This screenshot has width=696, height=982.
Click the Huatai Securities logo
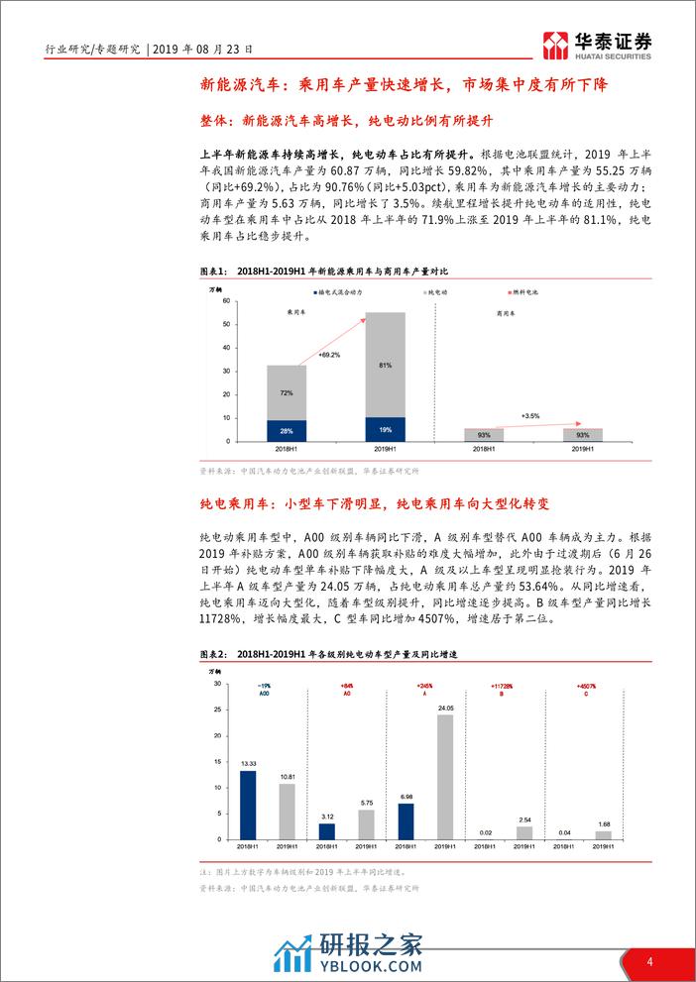599,42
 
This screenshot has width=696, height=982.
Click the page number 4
649,961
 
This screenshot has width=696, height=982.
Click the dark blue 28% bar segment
286,430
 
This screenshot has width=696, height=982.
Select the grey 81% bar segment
386,363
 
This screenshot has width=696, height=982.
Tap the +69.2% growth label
330,354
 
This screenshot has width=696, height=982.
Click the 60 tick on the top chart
227,300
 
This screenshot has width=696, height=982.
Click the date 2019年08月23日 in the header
206,47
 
